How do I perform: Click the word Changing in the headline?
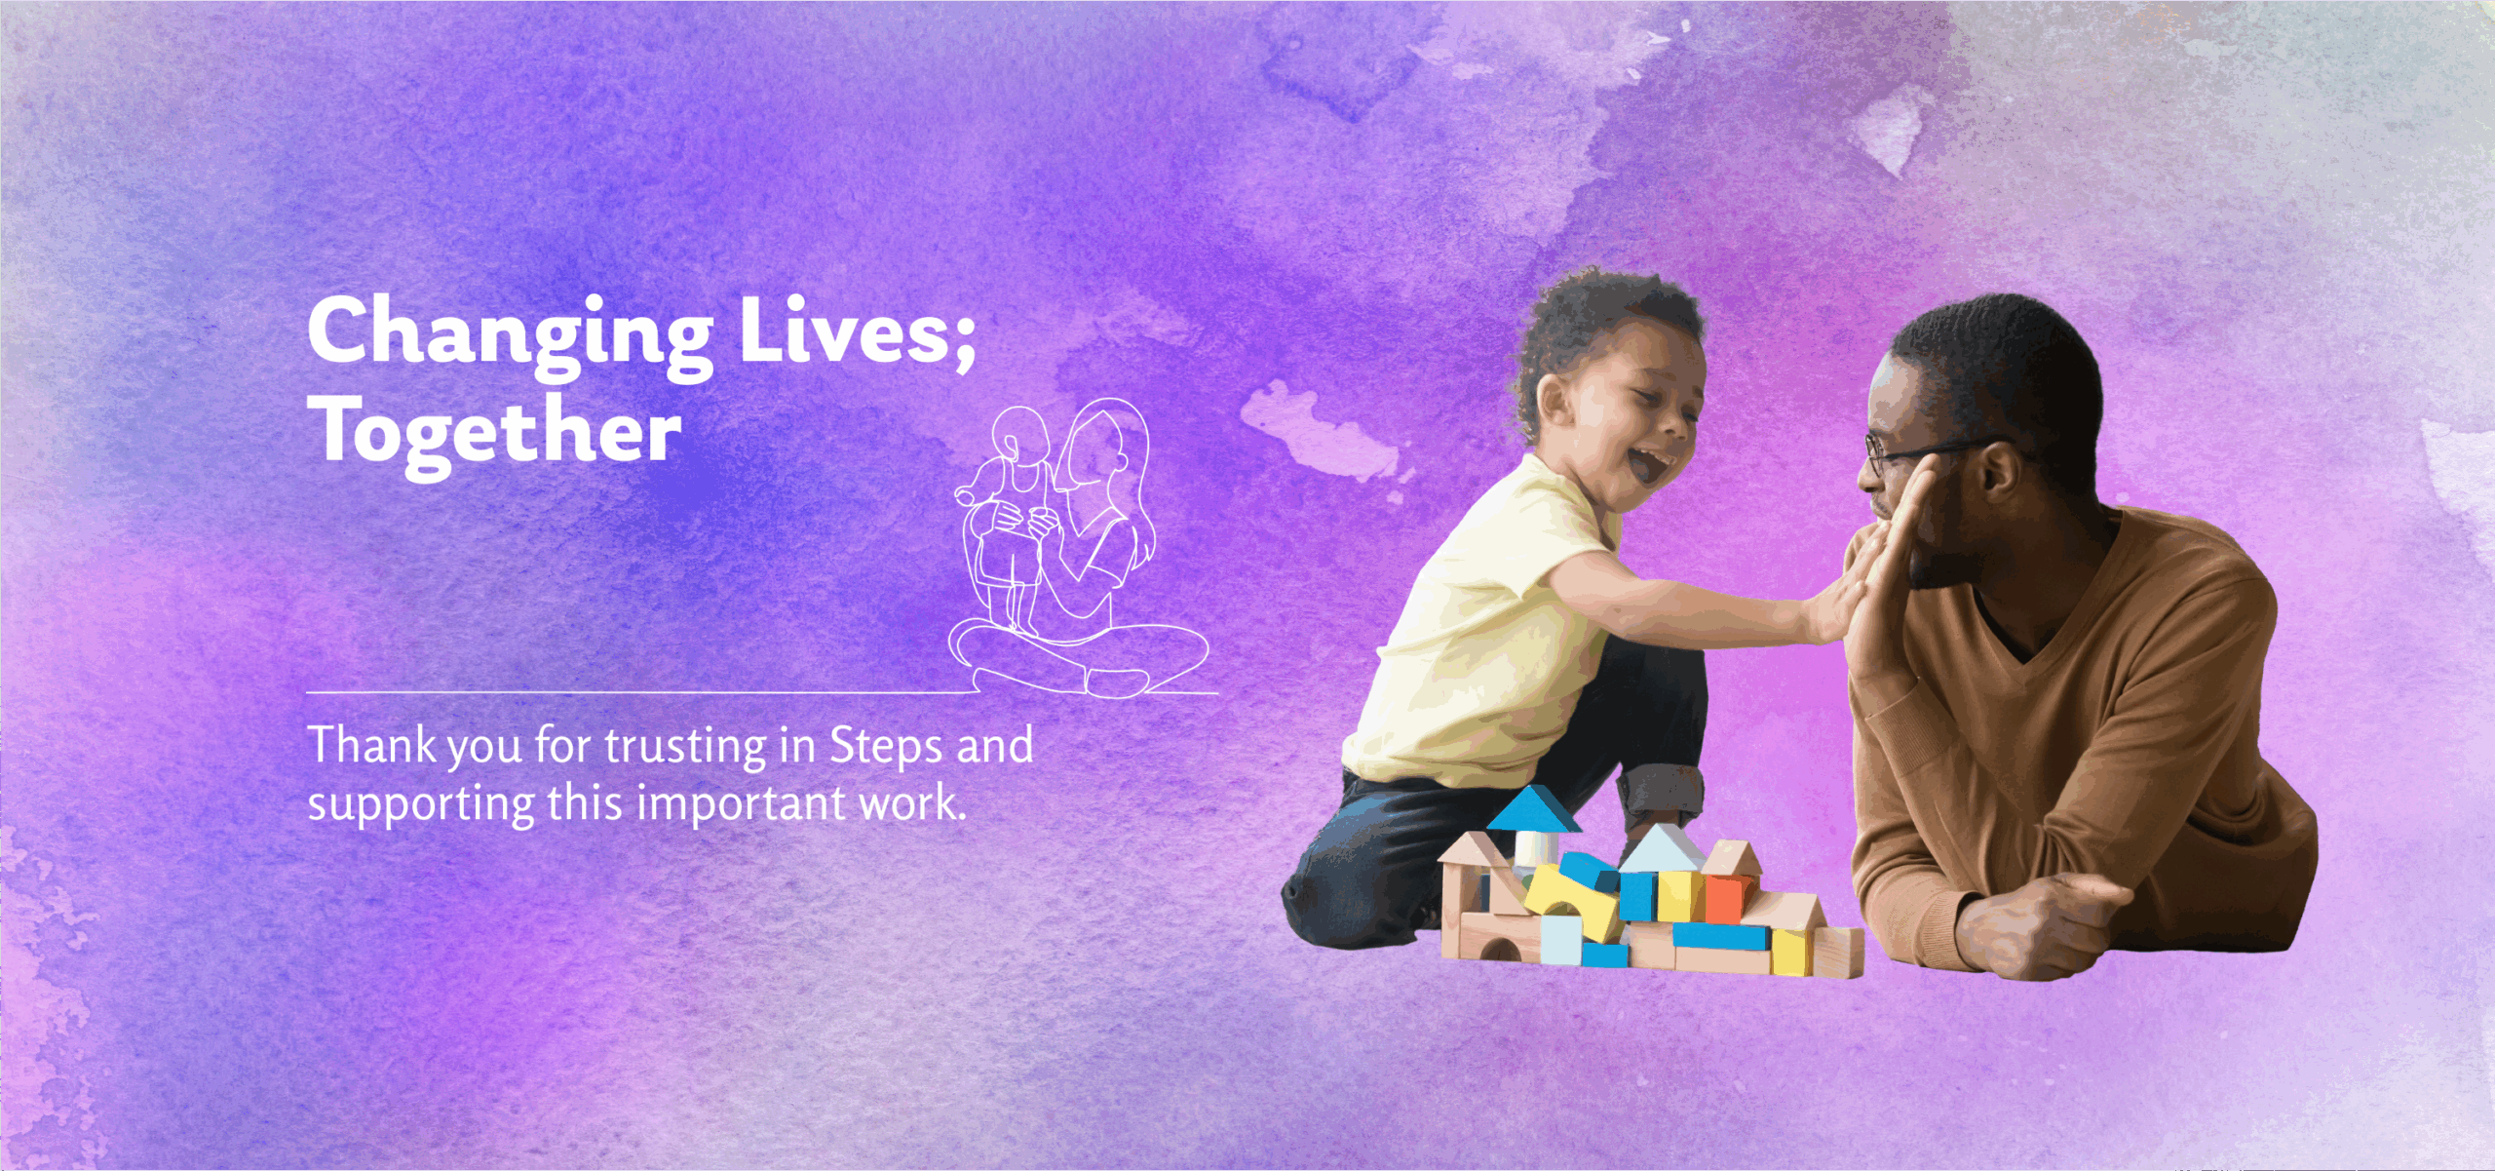tap(511, 336)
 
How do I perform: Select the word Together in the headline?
tap(494, 434)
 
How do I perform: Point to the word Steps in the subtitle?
tap(886, 749)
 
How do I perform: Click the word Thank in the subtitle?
tap(372, 745)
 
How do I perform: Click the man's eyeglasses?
tap(1910, 453)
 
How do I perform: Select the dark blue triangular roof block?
tap(1533, 809)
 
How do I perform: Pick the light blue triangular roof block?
tap(1662, 849)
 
